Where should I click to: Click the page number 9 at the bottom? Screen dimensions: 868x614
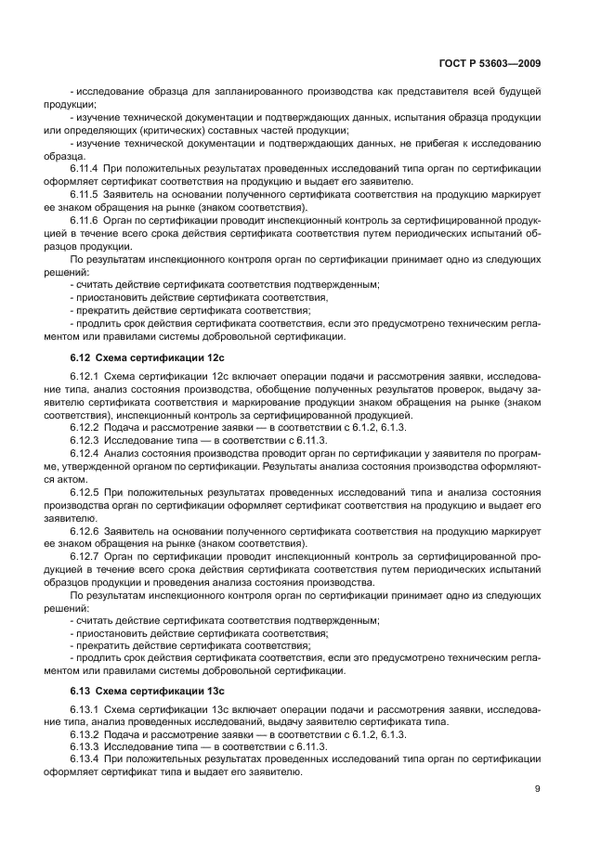[x=538, y=790]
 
